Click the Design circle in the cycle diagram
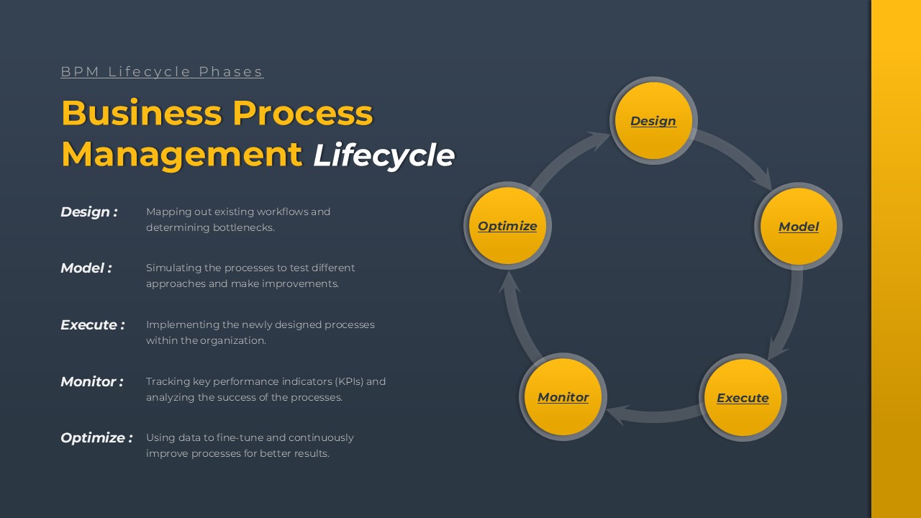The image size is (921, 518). (653, 120)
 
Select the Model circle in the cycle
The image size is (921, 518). (799, 226)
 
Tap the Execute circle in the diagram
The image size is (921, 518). (743, 398)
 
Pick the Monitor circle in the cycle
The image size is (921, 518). (563, 396)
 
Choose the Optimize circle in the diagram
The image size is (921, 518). (507, 225)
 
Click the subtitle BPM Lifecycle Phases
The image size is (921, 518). (162, 71)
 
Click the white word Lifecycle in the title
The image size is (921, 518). (384, 155)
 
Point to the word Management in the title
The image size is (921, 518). (182, 155)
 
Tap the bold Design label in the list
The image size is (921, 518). (89, 212)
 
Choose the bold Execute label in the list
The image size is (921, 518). (93, 324)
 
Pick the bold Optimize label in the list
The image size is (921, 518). (96, 438)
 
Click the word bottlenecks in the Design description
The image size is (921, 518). (242, 227)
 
